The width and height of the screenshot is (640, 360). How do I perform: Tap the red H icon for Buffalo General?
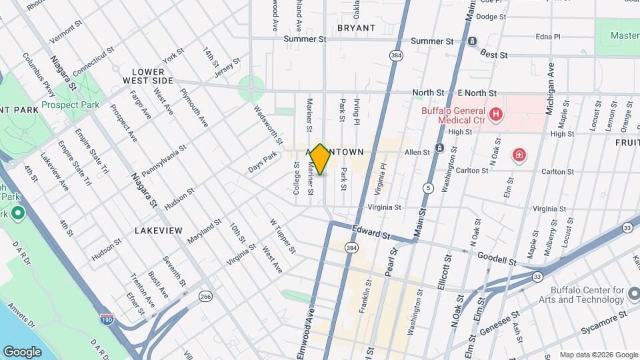pyautogui.click(x=495, y=115)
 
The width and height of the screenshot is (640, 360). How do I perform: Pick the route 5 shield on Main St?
pyautogui.click(x=427, y=189)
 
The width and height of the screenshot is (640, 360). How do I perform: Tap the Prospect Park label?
pyautogui.click(x=70, y=105)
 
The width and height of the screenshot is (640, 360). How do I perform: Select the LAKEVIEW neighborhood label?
pyautogui.click(x=158, y=230)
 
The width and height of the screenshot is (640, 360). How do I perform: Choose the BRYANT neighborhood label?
pyautogui.click(x=356, y=28)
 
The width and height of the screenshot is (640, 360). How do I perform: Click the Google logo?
pyautogui.click(x=22, y=351)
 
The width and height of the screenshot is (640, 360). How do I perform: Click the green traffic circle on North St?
pyautogui.click(x=251, y=86)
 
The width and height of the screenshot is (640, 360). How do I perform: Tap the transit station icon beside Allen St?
pyautogui.click(x=439, y=148)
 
